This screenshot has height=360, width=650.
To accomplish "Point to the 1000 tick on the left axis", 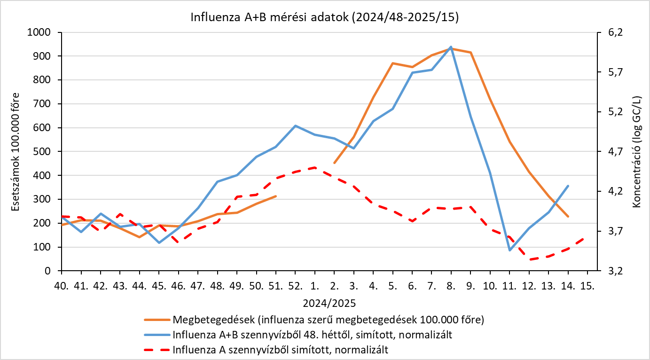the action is pos(39,32).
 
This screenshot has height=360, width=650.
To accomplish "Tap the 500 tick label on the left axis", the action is pos(42,151).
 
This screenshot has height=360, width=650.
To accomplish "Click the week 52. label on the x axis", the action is pos(295,286).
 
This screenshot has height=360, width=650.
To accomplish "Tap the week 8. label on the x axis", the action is pos(451,286).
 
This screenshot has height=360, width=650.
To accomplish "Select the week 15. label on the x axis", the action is pos(587,286).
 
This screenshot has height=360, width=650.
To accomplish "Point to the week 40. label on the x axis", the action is pos(62,286).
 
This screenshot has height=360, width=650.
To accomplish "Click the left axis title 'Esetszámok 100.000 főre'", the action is pos(15,152).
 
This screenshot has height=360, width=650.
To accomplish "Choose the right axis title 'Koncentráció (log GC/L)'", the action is pos(636,152).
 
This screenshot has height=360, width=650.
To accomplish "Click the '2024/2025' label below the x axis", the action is pos(329,303).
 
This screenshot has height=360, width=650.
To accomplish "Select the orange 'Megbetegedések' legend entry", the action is pos(314,320).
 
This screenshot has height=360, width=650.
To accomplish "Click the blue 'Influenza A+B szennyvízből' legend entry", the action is pos(298,335).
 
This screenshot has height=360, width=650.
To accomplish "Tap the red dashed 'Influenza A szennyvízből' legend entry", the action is pos(266,350).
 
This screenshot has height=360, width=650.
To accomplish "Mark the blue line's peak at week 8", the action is pos(451,47).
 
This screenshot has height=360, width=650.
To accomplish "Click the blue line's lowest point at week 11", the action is pos(509,250).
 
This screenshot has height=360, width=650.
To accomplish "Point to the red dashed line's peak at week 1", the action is pos(314,167).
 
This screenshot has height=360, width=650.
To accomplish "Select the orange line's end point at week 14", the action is pos(568,216).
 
